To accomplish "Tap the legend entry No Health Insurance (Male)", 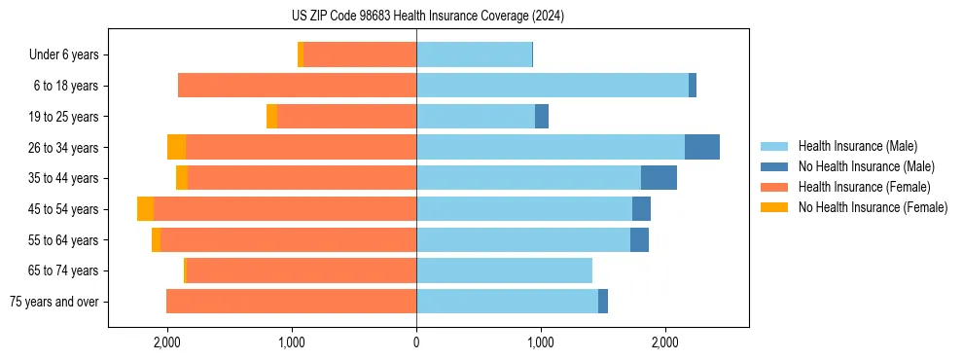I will (866, 166).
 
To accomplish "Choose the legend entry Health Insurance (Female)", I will (863, 187).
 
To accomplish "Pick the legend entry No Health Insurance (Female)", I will (872, 207).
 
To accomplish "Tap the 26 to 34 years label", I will (63, 148).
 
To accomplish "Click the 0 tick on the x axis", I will (416, 342).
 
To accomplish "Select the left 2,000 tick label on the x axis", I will (167, 342).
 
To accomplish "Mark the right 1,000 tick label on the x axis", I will (540, 342).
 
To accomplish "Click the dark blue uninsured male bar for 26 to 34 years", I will (702, 147).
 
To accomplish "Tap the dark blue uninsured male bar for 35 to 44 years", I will (659, 178).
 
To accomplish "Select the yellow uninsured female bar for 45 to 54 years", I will (145, 209).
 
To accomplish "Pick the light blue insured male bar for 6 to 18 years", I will (553, 86).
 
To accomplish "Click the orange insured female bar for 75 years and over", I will (291, 302).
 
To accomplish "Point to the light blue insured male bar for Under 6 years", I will (474, 54).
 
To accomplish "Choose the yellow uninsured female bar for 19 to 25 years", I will (271, 117).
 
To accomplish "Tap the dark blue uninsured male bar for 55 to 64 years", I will (639, 240).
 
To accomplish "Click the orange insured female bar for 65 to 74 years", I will (301, 270).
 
